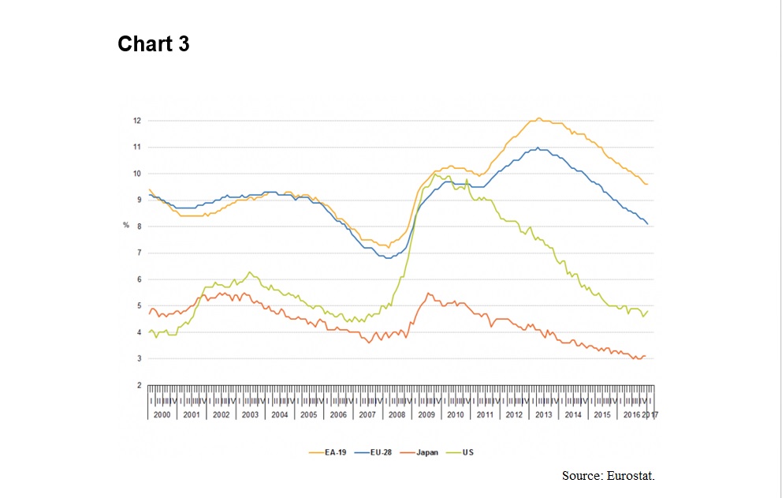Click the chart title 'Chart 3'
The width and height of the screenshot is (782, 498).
[x=154, y=44]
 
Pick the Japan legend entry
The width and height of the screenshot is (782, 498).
[x=426, y=452]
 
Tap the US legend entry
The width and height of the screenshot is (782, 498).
[x=468, y=452]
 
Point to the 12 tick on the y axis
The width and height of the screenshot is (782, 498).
[x=136, y=121]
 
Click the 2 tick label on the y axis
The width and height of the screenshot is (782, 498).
[x=138, y=385]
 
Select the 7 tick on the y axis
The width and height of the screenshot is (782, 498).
[x=138, y=253]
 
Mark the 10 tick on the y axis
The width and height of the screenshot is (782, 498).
[x=136, y=174]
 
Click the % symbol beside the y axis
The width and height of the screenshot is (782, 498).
[x=125, y=227]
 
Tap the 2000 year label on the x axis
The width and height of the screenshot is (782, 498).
[x=162, y=414]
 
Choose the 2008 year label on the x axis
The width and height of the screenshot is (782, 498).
[x=397, y=414]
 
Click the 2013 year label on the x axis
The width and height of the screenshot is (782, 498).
[x=543, y=414]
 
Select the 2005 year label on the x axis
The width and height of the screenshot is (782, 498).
[x=308, y=414]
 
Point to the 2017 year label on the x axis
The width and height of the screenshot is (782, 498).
[x=651, y=414]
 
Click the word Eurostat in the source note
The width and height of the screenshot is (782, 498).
[x=631, y=476]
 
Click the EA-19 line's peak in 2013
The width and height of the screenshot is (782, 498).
[x=539, y=118]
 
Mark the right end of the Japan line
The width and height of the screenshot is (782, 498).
[x=646, y=356]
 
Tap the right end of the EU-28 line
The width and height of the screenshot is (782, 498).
[x=648, y=224]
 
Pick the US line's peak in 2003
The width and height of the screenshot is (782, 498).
[x=250, y=271]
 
